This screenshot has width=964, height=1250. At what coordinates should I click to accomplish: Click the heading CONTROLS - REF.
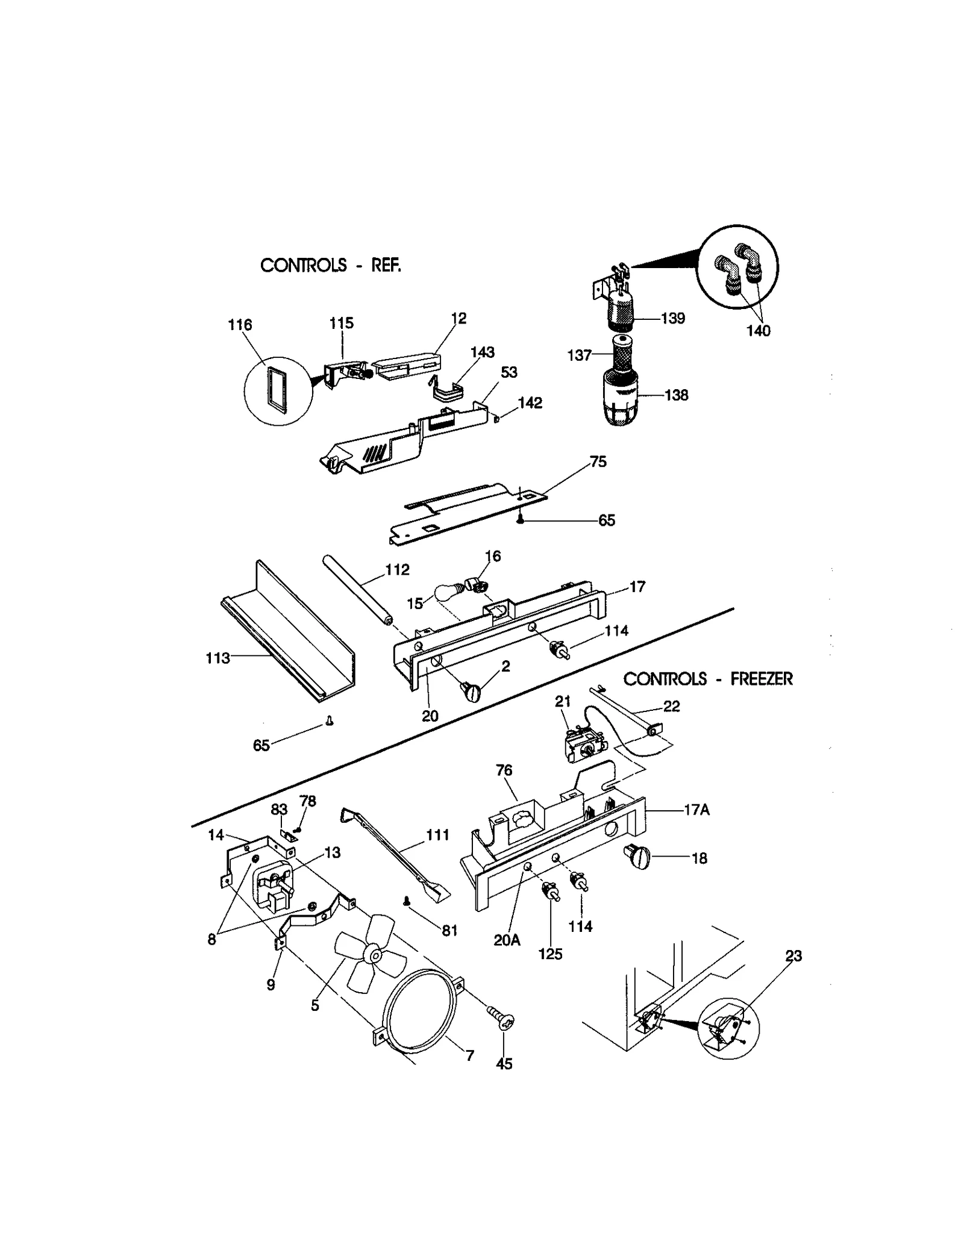click(x=330, y=265)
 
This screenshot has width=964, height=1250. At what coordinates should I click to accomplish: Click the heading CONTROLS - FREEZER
click(x=707, y=679)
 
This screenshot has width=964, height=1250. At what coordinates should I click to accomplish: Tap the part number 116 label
click(x=239, y=325)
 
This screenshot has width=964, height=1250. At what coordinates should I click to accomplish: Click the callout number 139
click(x=672, y=318)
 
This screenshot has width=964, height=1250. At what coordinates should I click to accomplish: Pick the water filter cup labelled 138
click(x=620, y=398)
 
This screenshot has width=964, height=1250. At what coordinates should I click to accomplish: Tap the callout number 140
click(x=758, y=331)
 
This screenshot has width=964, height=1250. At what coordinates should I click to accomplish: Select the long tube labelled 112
click(x=355, y=590)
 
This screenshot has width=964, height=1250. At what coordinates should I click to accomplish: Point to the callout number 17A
click(x=696, y=810)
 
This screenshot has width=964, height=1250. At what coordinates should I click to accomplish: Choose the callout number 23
click(x=793, y=956)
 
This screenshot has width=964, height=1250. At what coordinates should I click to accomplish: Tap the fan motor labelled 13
click(x=274, y=883)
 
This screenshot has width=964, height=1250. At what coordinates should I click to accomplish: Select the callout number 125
click(x=550, y=954)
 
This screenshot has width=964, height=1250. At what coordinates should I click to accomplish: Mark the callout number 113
click(x=217, y=658)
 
